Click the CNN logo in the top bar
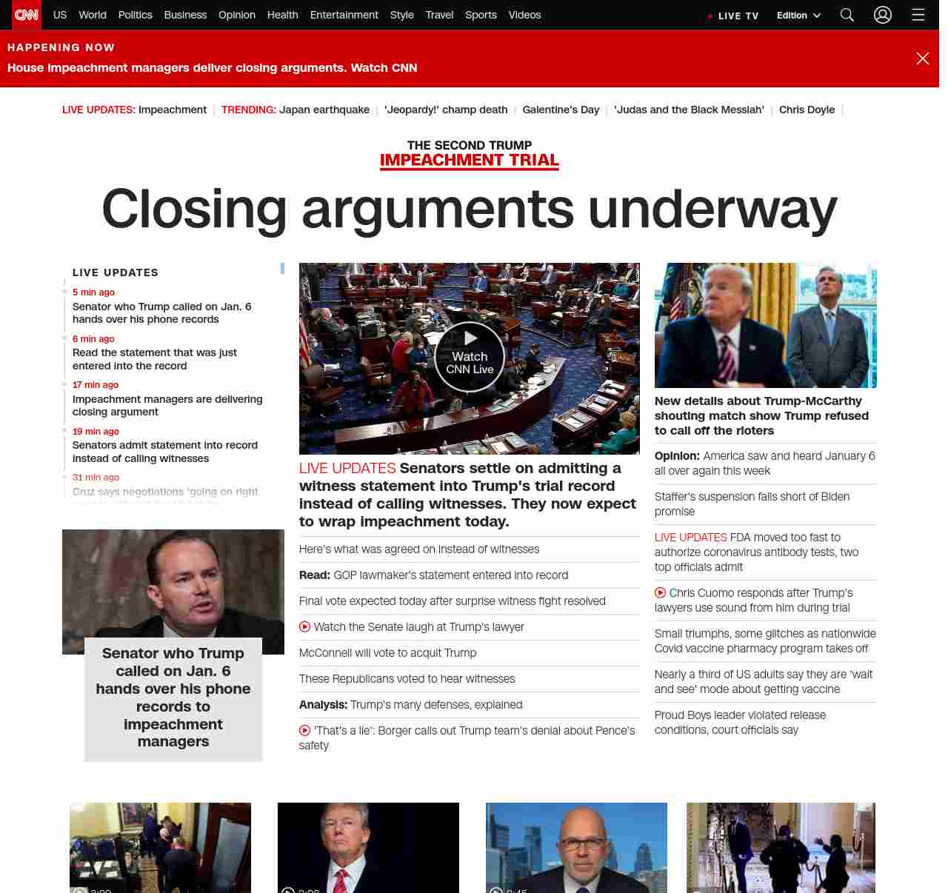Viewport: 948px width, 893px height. (x=27, y=15)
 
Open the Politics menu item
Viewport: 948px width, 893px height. (x=135, y=15)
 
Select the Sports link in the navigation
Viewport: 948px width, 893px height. (x=481, y=15)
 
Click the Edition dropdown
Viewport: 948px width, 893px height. (x=798, y=16)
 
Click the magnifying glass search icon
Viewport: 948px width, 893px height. (x=847, y=15)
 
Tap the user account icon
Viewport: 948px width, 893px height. (x=882, y=15)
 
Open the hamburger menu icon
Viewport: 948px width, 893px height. (x=918, y=15)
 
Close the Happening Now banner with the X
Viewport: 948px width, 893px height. (x=922, y=58)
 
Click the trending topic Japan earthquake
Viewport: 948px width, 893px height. (x=324, y=110)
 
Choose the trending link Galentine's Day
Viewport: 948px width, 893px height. (x=561, y=110)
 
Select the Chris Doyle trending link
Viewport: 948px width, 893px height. (x=807, y=110)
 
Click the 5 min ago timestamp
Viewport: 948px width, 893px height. (x=93, y=292)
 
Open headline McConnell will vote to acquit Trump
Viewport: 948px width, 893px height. (x=387, y=653)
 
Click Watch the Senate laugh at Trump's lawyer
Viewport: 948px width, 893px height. (x=418, y=627)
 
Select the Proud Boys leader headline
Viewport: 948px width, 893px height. (x=740, y=723)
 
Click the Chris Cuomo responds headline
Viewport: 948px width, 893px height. (x=761, y=601)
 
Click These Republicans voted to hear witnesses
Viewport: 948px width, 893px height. (x=407, y=679)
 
